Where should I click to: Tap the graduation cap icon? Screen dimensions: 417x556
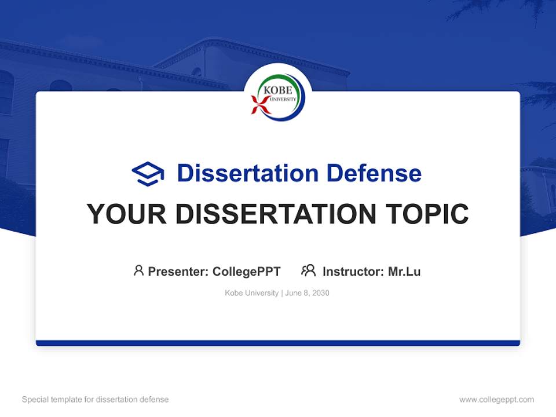tap(148, 174)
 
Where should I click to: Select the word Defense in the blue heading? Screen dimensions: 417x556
tap(374, 173)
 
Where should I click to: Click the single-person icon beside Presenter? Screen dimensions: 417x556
tap(138, 270)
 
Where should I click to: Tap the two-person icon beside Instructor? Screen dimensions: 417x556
tap(308, 270)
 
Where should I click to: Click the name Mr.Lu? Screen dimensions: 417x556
tap(404, 271)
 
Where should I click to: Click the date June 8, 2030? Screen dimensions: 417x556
tap(307, 293)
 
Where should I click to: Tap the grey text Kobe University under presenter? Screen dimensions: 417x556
tap(251, 293)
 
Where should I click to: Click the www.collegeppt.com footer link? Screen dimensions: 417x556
tap(496, 400)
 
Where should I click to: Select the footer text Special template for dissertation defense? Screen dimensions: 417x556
tap(96, 400)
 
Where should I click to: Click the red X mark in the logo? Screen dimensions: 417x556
tap(259, 105)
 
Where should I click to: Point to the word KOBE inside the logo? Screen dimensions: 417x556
tap(278, 91)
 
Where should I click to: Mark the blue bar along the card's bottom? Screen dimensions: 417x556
tap(278, 343)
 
